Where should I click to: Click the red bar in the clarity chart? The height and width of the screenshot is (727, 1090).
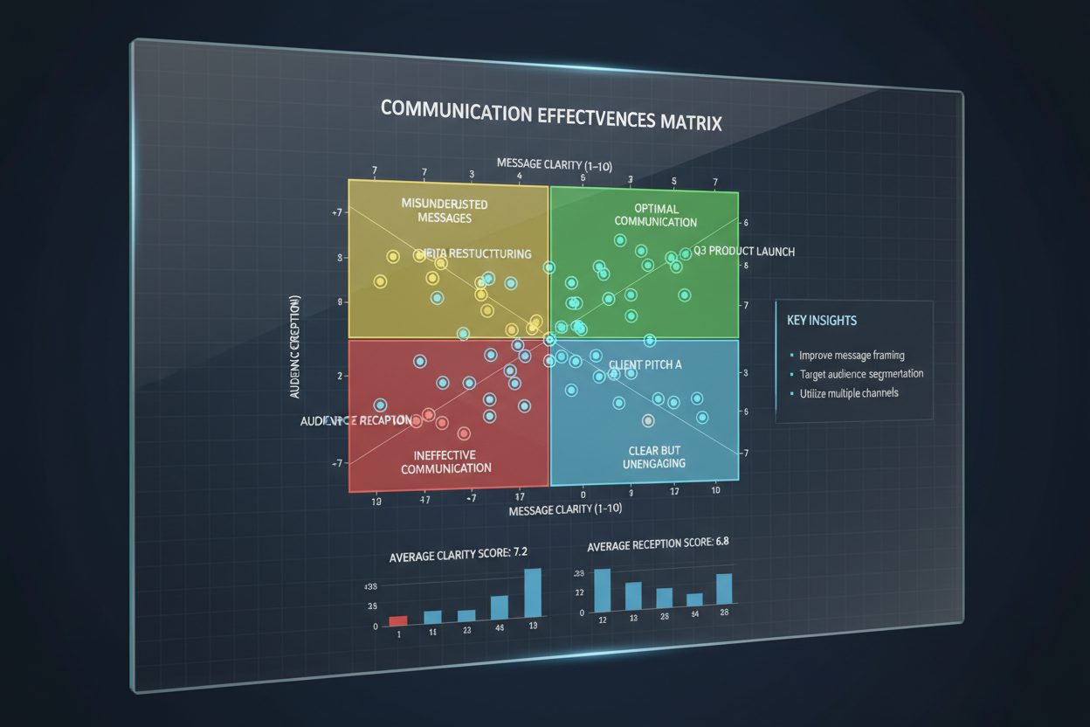[398, 620]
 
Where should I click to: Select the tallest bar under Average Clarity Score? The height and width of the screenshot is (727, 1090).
[532, 595]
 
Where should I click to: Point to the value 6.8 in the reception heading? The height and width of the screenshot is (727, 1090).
[721, 542]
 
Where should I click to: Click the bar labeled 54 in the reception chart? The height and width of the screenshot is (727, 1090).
[694, 599]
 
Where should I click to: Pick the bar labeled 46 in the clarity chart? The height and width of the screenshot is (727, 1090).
[500, 608]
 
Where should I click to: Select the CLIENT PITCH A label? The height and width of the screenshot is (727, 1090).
[645, 364]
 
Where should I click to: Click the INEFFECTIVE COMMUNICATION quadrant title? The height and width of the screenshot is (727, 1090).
[445, 461]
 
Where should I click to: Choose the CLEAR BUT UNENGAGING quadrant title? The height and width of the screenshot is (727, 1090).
[654, 457]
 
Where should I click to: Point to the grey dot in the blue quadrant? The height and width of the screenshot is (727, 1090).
[648, 420]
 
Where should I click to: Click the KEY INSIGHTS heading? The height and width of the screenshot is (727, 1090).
[822, 321]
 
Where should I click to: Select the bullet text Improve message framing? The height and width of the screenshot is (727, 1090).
[852, 356]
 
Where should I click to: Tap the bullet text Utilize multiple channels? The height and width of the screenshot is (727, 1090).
[849, 393]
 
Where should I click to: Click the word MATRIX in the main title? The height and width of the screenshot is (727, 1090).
[690, 121]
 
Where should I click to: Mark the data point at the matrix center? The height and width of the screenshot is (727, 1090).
[549, 339]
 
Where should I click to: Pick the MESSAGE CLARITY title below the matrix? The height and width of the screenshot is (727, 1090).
[553, 509]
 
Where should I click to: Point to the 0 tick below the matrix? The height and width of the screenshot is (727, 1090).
[583, 495]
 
